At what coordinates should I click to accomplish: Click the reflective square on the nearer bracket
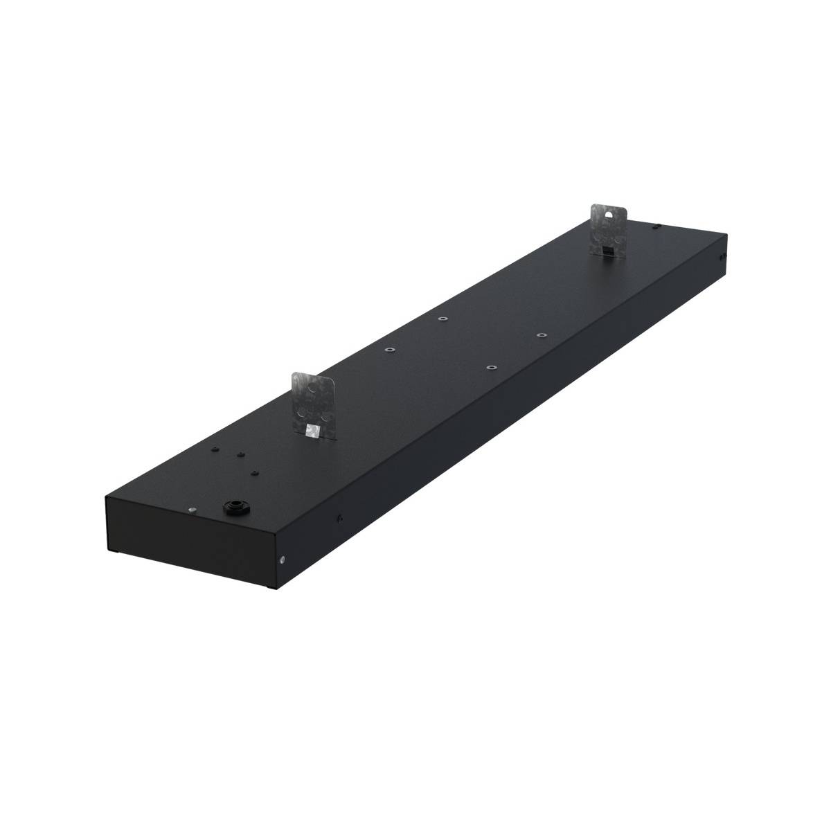[x=312, y=431]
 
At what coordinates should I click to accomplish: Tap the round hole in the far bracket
[x=610, y=215]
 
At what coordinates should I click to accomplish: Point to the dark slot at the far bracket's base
[x=606, y=249]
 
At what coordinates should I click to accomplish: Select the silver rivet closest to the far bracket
[x=542, y=334]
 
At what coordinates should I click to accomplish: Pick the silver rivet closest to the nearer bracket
[x=390, y=350]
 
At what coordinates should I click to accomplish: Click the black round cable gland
[x=230, y=508]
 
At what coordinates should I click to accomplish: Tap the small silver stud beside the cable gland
[x=190, y=510]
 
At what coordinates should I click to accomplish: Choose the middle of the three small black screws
[x=240, y=454]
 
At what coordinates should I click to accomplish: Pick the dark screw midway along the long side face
[x=341, y=515]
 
